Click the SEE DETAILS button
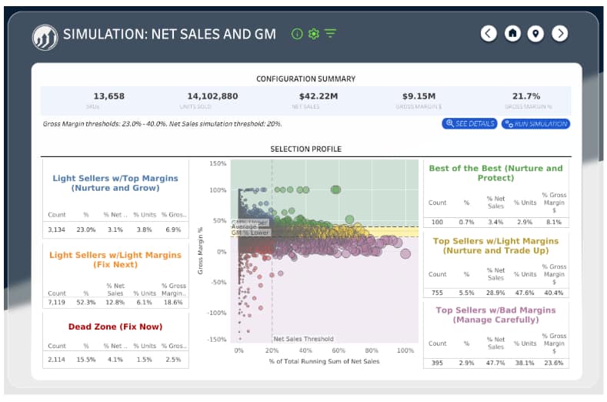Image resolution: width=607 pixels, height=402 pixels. click(x=469, y=124)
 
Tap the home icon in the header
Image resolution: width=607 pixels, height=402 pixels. click(x=512, y=33)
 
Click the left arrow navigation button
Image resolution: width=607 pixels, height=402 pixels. click(x=489, y=33)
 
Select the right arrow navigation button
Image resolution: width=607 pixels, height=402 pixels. click(x=560, y=33)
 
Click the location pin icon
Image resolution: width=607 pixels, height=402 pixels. click(x=535, y=33)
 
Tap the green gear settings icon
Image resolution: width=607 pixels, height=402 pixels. click(x=313, y=34)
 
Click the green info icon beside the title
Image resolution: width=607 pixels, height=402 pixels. click(x=297, y=34)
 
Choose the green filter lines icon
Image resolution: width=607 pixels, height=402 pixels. click(x=330, y=34)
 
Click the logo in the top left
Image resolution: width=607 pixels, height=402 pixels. click(x=44, y=35)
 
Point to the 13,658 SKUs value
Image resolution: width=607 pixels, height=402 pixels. click(x=108, y=96)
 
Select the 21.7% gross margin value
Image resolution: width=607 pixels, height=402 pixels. click(x=527, y=96)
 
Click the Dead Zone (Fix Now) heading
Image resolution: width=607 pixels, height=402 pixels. click(x=115, y=327)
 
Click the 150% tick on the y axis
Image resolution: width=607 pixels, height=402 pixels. click(x=218, y=164)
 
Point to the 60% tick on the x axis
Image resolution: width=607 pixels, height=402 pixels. click(x=339, y=350)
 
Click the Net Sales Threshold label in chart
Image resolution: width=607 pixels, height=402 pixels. click(x=304, y=339)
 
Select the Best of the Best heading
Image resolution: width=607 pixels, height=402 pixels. click(x=495, y=173)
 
